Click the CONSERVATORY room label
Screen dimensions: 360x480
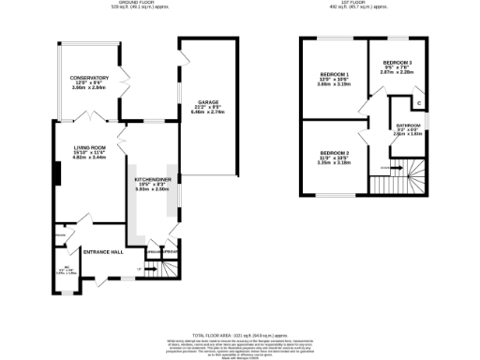[x=89, y=78]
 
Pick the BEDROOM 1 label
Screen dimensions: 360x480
[x=334, y=74]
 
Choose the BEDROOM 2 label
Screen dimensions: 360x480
[x=334, y=153]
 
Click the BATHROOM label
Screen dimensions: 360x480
[x=407, y=125]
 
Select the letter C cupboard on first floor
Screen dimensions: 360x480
[x=418, y=102]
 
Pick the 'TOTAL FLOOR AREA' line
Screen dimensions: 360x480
[x=239, y=334]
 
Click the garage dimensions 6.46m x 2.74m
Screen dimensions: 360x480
[x=207, y=112]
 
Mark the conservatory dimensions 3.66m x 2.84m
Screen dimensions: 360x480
[x=89, y=89]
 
